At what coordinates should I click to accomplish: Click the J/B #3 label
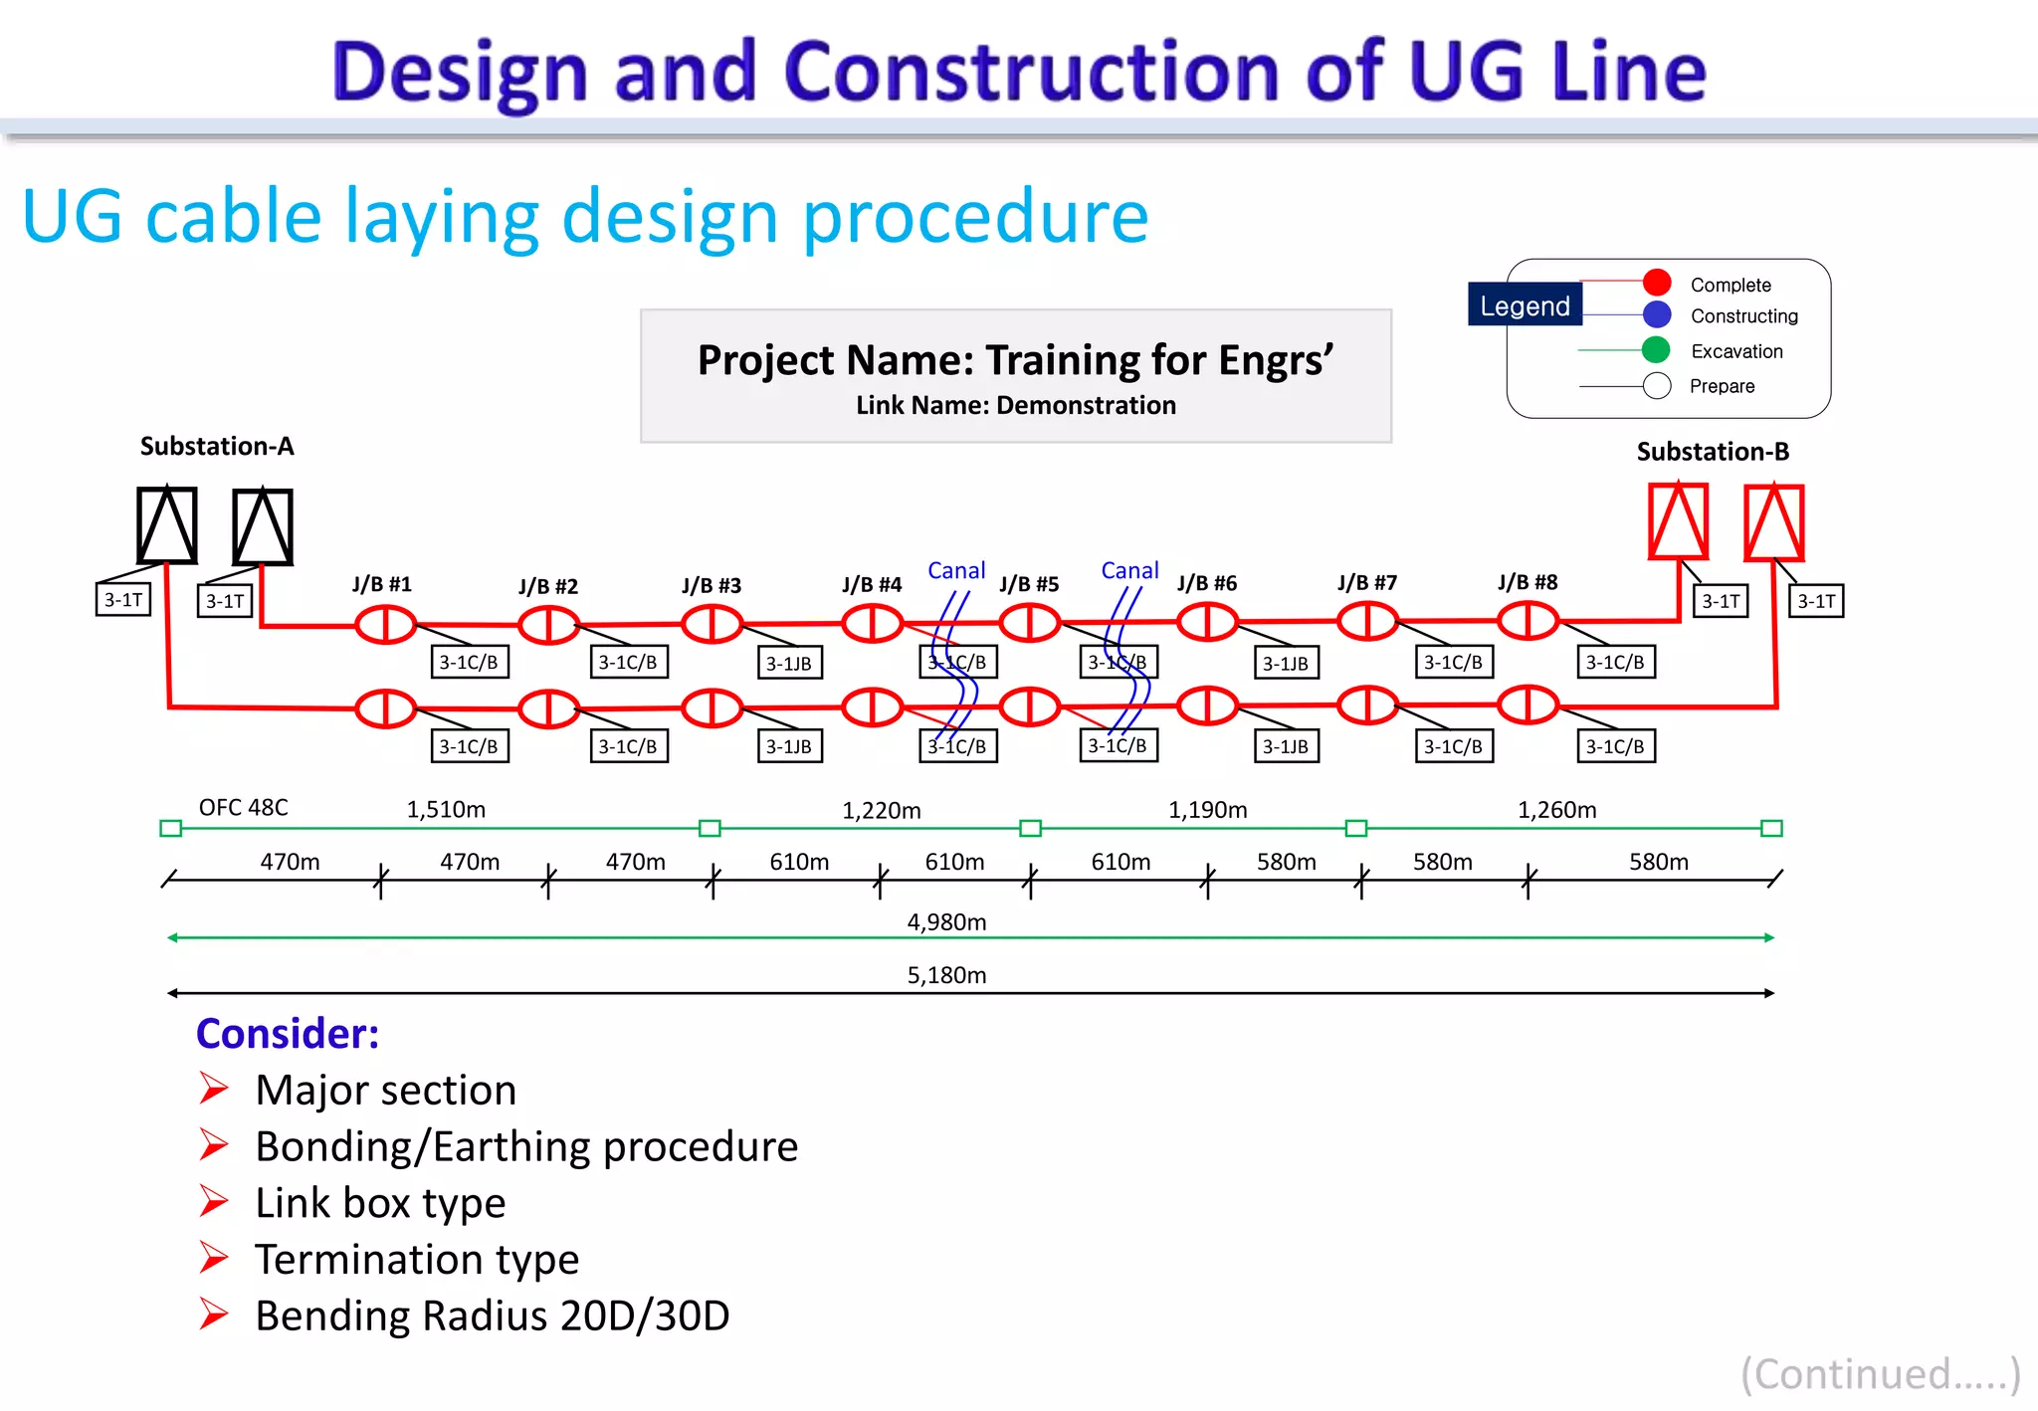click(x=712, y=585)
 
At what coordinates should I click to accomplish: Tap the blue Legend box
click(x=1525, y=305)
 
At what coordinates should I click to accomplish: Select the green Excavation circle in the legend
click(x=1656, y=350)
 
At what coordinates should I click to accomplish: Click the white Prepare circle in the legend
click(x=1657, y=386)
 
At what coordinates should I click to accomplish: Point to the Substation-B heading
click(x=1713, y=452)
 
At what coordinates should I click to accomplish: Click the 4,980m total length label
click(x=946, y=922)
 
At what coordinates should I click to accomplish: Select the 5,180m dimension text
click(x=946, y=975)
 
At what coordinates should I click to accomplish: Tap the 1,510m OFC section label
click(x=446, y=809)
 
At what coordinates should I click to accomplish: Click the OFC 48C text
click(x=243, y=807)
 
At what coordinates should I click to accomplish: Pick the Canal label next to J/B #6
click(x=1129, y=570)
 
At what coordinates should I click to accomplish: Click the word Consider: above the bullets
click(x=288, y=1034)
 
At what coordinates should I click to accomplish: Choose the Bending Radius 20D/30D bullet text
click(x=493, y=1315)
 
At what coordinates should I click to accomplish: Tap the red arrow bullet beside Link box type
click(x=213, y=1201)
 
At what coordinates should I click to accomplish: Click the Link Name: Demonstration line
click(x=1016, y=405)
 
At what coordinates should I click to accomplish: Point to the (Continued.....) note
click(x=1880, y=1373)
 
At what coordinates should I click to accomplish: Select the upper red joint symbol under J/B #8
click(x=1528, y=621)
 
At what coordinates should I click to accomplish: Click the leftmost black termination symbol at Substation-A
click(x=166, y=525)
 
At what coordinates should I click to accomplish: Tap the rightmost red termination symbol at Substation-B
click(x=1774, y=523)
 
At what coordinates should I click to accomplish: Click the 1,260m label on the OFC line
click(x=1556, y=810)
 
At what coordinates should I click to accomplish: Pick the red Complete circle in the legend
click(x=1657, y=283)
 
